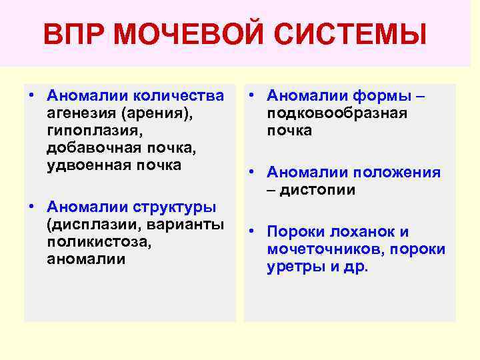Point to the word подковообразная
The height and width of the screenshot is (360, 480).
click(337, 114)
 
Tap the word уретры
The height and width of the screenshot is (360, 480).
click(294, 267)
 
